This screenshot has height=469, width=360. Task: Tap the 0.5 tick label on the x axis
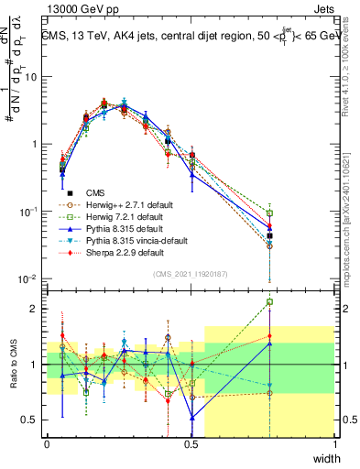191,443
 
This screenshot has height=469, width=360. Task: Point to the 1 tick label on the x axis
335,443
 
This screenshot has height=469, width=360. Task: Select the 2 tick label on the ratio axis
35,309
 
